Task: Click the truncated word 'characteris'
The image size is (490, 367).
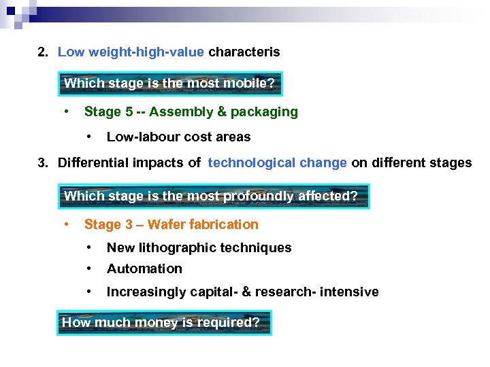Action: pyautogui.click(x=244, y=52)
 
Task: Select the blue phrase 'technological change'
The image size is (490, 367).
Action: pyautogui.click(x=278, y=163)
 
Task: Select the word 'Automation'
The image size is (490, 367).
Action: pyautogui.click(x=144, y=269)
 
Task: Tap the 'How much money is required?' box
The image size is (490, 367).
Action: pyautogui.click(x=163, y=323)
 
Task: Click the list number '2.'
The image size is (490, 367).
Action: pyautogui.click(x=44, y=52)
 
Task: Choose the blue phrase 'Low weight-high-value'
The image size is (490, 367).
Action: pyautogui.click(x=131, y=52)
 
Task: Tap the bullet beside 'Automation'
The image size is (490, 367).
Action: pyautogui.click(x=90, y=268)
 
